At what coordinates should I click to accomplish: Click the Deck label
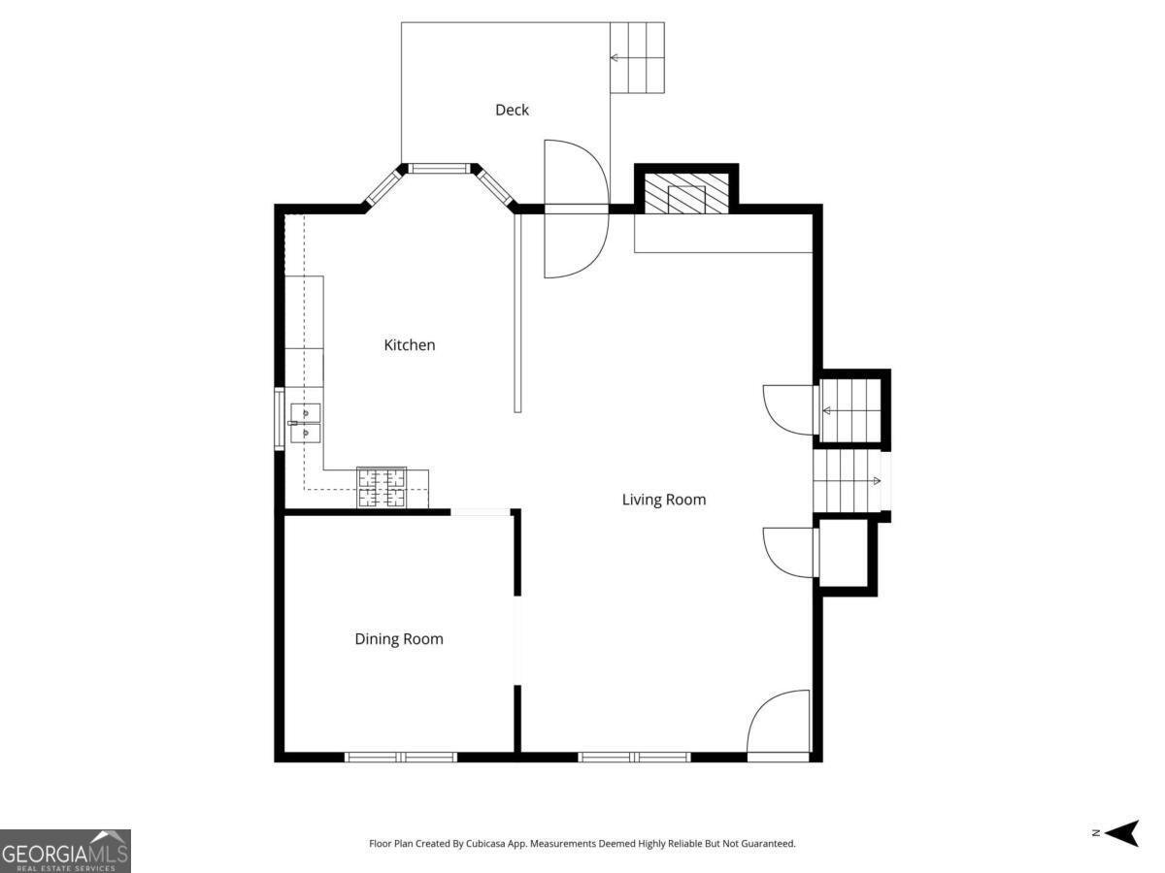pyautogui.click(x=512, y=110)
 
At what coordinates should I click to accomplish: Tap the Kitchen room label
pyautogui.click(x=410, y=344)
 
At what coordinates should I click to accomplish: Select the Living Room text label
pyautogui.click(x=663, y=500)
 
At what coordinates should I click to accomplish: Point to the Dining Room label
pyautogui.click(x=398, y=638)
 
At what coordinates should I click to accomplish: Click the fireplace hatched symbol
pyautogui.click(x=686, y=195)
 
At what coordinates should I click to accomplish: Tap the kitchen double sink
pyautogui.click(x=306, y=424)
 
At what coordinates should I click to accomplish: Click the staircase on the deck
pyautogui.click(x=637, y=57)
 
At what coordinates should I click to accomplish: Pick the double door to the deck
pyautogui.click(x=575, y=209)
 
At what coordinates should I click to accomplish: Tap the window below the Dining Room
pyautogui.click(x=401, y=757)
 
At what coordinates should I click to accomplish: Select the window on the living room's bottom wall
pyautogui.click(x=634, y=757)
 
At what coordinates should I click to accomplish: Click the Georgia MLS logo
pyautogui.click(x=65, y=850)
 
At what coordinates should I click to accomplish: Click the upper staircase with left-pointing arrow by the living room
pyautogui.click(x=850, y=410)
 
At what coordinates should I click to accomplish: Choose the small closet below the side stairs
pyautogui.click(x=845, y=555)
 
